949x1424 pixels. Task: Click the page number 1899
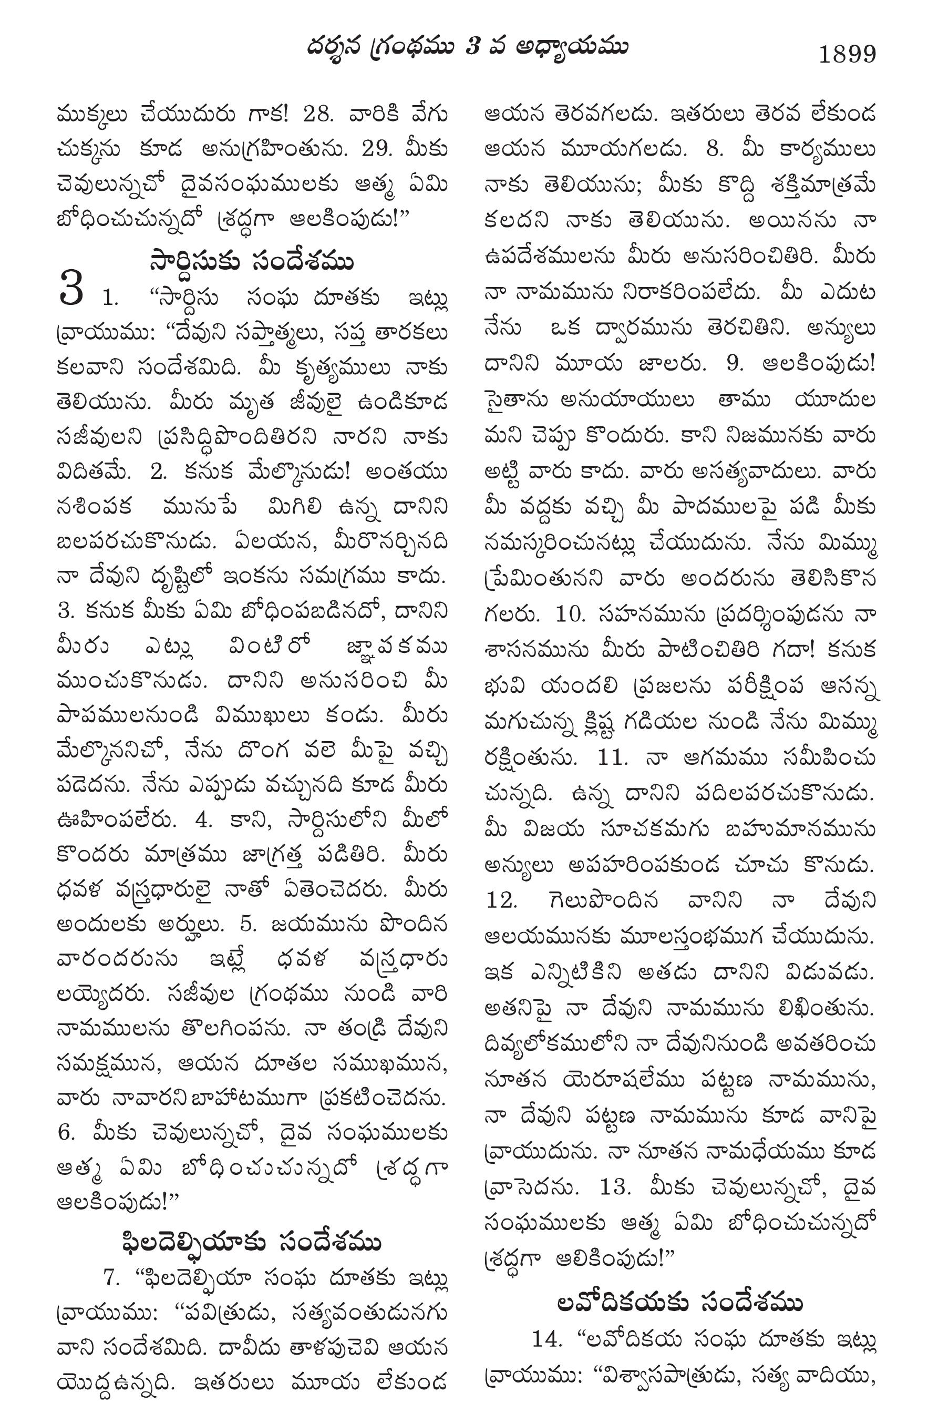tap(847, 55)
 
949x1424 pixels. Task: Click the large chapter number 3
tap(71, 290)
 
